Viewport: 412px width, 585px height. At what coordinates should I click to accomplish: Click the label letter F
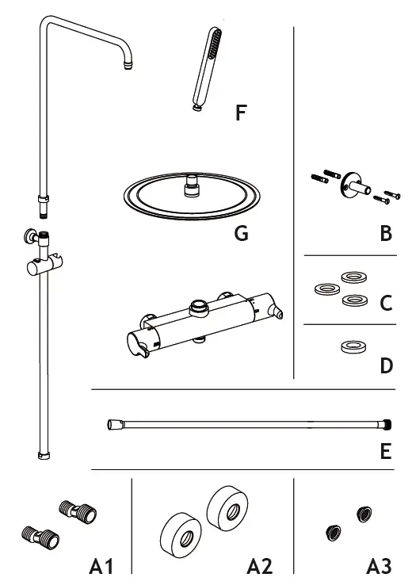241,113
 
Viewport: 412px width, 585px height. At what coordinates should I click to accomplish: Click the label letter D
386,365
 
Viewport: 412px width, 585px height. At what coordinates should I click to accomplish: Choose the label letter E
386,452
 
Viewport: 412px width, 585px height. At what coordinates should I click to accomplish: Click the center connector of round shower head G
190,188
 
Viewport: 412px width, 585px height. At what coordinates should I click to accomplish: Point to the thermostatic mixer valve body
198,325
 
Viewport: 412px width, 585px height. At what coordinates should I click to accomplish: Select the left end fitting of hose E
112,424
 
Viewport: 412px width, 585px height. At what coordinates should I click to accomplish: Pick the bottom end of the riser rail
43,455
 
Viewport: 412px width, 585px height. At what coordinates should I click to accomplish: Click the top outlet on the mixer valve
199,304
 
